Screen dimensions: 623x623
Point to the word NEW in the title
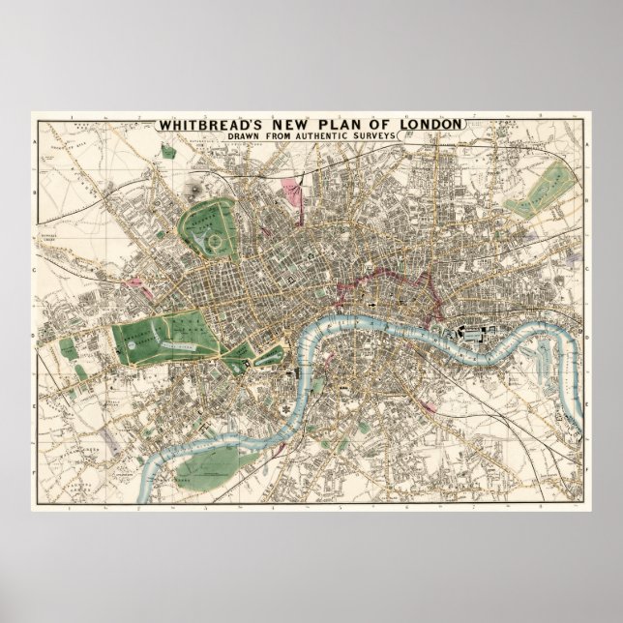click(278, 124)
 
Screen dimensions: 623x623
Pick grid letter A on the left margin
click(35, 142)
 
